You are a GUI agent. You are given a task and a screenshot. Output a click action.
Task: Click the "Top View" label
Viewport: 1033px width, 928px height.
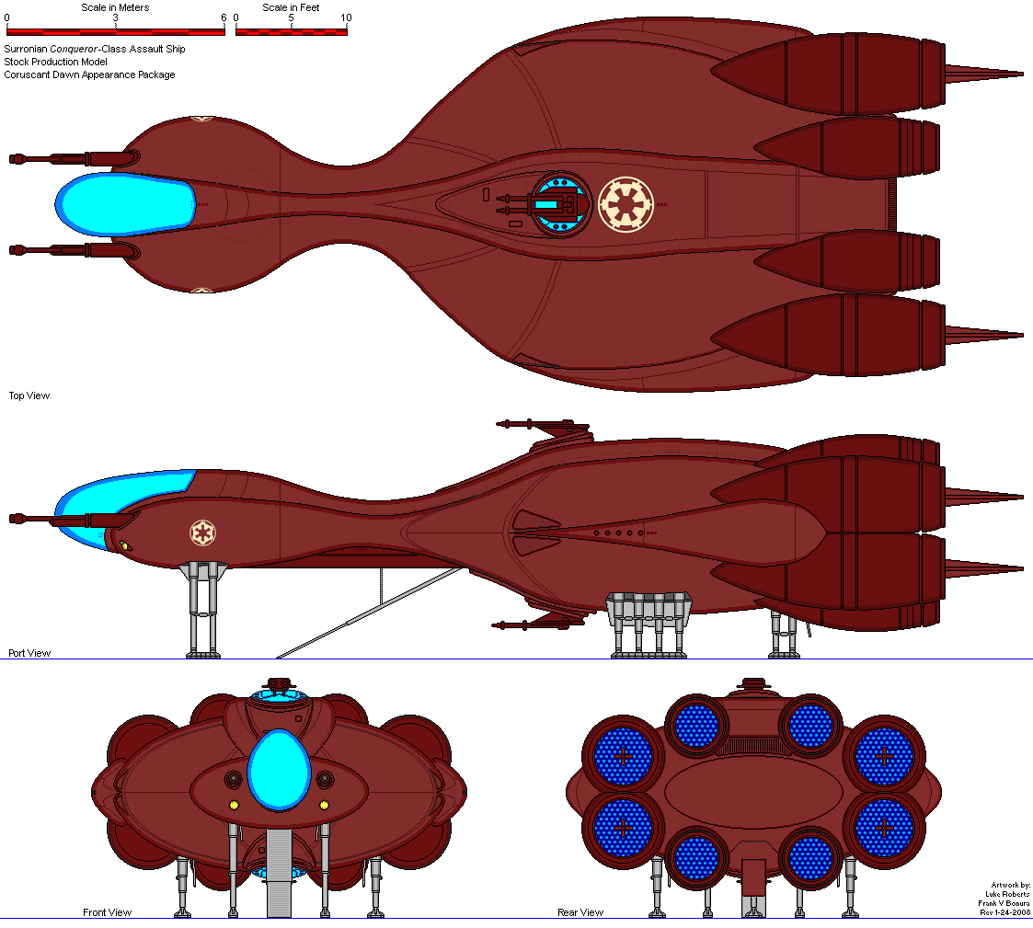click(29, 395)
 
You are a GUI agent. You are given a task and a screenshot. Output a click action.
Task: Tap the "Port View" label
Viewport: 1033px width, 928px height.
click(29, 653)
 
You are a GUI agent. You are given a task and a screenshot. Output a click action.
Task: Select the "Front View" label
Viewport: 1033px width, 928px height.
click(107, 912)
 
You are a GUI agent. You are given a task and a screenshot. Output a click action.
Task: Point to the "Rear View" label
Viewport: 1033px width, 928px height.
click(580, 912)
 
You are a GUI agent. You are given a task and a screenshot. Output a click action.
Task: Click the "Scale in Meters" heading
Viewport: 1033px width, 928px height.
click(115, 7)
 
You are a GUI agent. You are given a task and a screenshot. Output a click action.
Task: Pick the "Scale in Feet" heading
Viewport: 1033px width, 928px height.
click(292, 7)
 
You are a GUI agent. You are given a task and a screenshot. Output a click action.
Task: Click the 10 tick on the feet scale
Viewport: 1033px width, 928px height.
click(345, 17)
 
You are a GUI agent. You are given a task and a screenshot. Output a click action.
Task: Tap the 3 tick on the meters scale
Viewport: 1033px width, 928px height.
click(116, 17)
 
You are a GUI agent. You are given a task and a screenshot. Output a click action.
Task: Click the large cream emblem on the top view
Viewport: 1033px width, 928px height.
click(626, 204)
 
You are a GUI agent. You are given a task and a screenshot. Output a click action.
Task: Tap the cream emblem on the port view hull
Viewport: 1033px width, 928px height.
click(202, 533)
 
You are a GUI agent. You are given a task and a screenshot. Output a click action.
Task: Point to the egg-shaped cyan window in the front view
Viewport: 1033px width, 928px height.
click(279, 769)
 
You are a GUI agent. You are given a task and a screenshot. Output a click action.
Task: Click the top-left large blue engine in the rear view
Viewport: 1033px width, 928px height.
click(622, 757)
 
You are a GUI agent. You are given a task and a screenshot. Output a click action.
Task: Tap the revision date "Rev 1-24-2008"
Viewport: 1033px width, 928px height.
click(1004, 912)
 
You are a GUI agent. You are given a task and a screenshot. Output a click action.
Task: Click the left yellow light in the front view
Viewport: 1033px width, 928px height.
click(233, 806)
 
